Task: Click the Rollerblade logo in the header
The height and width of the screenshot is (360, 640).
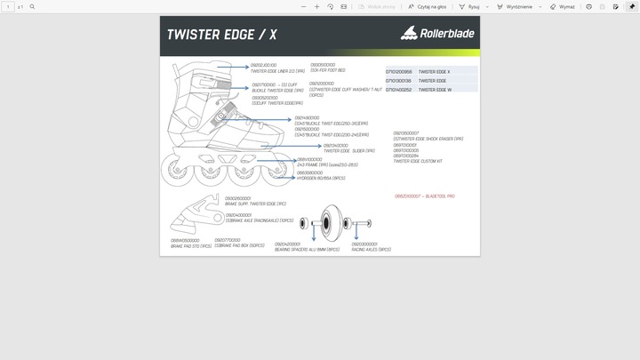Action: click(437, 35)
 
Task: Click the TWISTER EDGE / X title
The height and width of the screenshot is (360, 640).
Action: click(222, 36)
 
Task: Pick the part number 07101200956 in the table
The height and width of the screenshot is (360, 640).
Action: click(399, 71)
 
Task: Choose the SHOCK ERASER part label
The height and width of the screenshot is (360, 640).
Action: click(428, 139)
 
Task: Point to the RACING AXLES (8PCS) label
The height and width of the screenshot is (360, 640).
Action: click(371, 250)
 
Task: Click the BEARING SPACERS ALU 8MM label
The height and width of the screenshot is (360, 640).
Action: click(308, 250)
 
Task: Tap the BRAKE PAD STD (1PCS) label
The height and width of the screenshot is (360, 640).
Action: click(191, 246)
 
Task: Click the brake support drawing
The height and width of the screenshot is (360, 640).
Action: click(197, 211)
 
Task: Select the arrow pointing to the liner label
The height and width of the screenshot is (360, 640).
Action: click(235, 68)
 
